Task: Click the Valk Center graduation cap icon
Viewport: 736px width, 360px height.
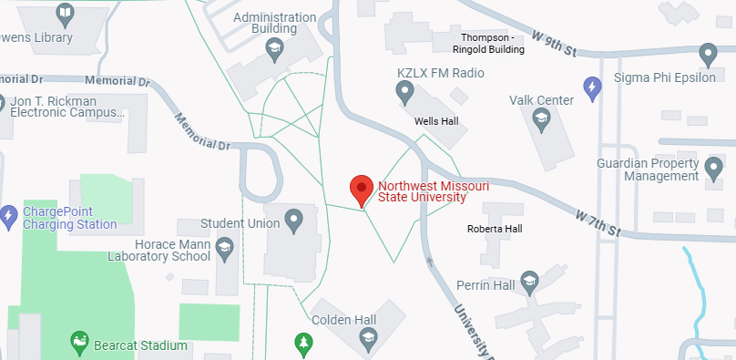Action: coord(541,118)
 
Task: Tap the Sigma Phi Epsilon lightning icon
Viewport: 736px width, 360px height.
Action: coord(593,87)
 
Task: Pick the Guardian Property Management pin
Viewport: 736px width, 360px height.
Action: coord(713,169)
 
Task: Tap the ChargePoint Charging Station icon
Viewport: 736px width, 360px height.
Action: coord(9,216)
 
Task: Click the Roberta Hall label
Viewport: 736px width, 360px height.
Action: coord(492,228)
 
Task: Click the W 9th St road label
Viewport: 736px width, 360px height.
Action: coord(557,42)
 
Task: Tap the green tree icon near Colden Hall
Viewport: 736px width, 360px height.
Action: coord(303,343)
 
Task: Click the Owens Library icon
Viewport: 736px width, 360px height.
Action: coord(65,13)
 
